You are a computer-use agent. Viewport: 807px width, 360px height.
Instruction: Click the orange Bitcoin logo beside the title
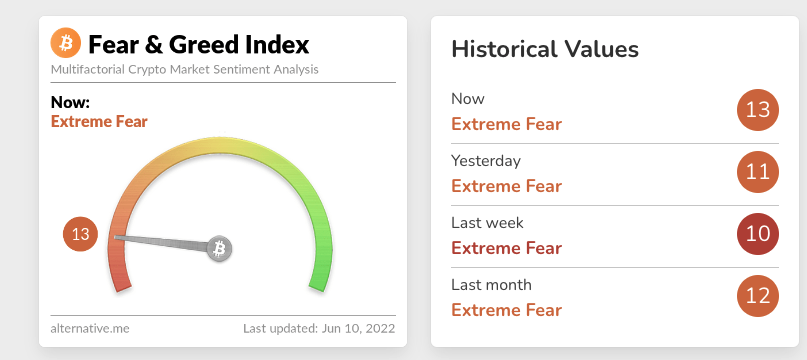[x=66, y=43]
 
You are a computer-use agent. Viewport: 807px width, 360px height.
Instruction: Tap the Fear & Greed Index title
[x=199, y=44]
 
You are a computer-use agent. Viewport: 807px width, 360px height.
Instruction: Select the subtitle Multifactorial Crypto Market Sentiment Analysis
[x=184, y=70]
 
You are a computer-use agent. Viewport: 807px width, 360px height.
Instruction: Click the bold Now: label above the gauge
[x=70, y=102]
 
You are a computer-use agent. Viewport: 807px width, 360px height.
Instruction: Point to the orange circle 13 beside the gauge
[x=80, y=234]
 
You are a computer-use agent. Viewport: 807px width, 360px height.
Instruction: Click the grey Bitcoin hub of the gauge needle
[x=219, y=249]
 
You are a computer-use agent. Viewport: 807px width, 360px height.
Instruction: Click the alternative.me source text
[x=90, y=328]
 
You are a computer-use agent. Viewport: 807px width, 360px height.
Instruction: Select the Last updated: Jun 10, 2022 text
[x=319, y=328]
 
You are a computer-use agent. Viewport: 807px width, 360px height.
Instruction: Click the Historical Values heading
[x=545, y=49]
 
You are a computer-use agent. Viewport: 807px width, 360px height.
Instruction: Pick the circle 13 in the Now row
[x=758, y=110]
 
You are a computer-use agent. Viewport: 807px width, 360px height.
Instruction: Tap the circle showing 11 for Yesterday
[x=758, y=172]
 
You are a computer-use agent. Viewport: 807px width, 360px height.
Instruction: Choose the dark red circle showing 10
[x=758, y=234]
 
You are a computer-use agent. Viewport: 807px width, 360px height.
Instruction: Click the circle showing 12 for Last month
[x=758, y=296]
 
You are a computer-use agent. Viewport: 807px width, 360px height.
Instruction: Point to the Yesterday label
[x=486, y=161]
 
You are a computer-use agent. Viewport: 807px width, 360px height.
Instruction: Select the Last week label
[x=487, y=223]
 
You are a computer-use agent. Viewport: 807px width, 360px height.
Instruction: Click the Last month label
[x=492, y=285]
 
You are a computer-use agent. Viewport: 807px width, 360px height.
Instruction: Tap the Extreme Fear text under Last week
[x=506, y=248]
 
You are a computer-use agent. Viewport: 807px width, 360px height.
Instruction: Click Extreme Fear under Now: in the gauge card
[x=99, y=122]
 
